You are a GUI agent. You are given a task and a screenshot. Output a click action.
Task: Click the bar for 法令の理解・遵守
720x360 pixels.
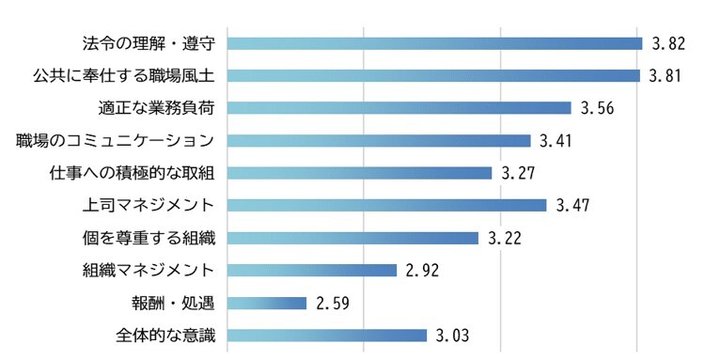click(434, 43)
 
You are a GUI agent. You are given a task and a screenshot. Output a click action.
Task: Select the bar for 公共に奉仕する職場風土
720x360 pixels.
click(433, 75)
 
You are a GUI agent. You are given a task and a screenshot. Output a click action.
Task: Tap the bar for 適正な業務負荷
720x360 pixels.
click(399, 108)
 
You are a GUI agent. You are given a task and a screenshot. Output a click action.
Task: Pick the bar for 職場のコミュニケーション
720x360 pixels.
click(379, 141)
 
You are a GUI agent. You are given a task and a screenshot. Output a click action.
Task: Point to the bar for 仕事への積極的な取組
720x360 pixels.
click(360, 173)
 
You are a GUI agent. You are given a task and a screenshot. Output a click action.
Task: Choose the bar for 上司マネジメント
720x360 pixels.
click(387, 205)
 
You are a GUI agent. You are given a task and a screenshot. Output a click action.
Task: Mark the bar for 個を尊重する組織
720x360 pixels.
click(353, 238)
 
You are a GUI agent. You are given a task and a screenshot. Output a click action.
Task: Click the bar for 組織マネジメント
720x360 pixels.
click(313, 271)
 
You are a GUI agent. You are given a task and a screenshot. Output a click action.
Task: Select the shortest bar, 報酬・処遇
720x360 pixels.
click(268, 303)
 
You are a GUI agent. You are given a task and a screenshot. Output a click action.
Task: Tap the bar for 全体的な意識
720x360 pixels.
click(328, 336)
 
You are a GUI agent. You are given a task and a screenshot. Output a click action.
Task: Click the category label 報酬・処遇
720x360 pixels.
click(174, 303)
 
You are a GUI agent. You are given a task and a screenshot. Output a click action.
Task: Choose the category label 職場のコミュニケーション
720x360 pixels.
click(117, 141)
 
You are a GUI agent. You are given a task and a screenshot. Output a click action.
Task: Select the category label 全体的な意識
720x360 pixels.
click(158, 336)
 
